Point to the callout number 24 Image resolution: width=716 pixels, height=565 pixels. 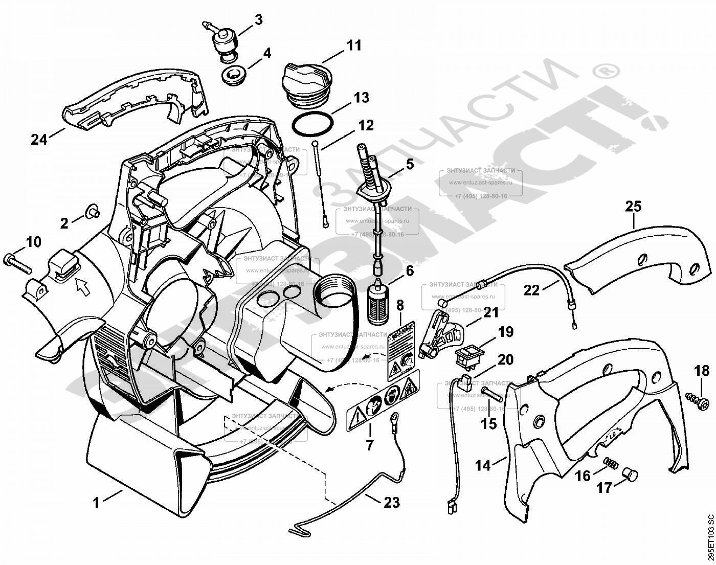(39, 139)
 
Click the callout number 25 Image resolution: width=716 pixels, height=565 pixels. (633, 207)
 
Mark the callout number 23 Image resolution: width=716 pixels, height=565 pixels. (391, 503)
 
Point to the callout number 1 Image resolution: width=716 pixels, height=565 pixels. (96, 503)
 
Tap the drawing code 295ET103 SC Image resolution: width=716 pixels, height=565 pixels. (709, 536)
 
